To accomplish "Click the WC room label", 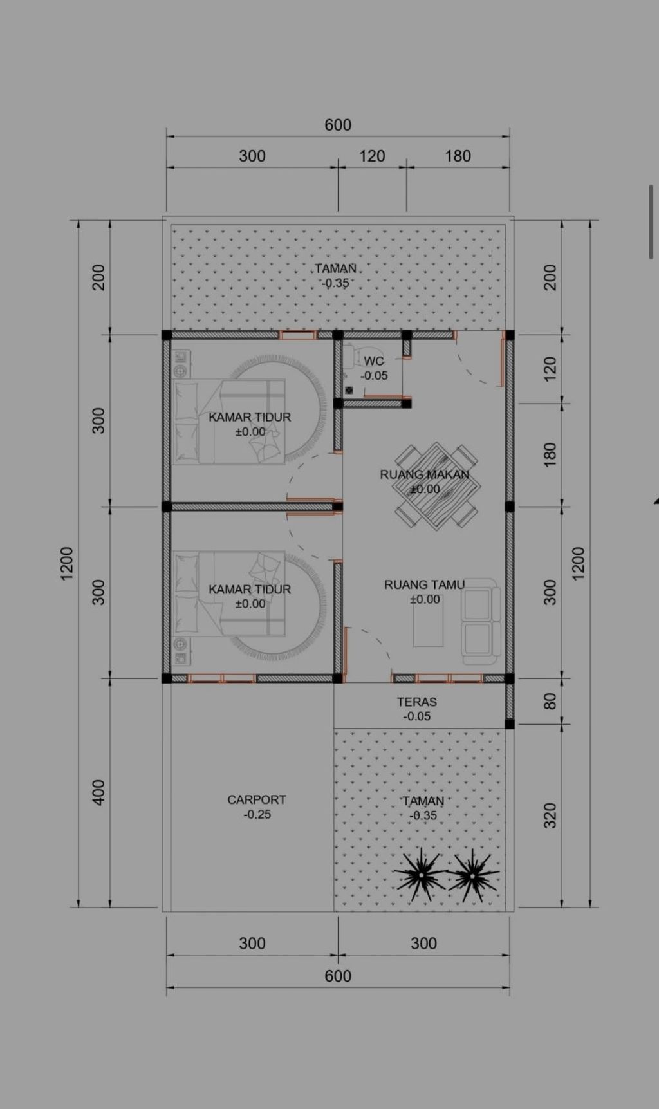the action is pyautogui.click(x=374, y=361).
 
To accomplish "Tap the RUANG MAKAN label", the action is pyautogui.click(x=425, y=474).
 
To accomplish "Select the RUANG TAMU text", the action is pyautogui.click(x=425, y=584).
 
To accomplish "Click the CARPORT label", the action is pyautogui.click(x=257, y=799).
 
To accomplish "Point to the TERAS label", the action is pyautogui.click(x=417, y=702).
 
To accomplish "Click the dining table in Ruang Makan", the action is pyautogui.click(x=436, y=487).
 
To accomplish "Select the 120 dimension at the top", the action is pyautogui.click(x=372, y=156).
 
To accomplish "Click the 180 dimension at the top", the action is pyautogui.click(x=458, y=156).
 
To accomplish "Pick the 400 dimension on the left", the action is pyautogui.click(x=98, y=792).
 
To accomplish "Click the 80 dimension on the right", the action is pyautogui.click(x=550, y=701).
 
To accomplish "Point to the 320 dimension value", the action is pyautogui.click(x=550, y=815).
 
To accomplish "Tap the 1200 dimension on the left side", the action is pyautogui.click(x=66, y=563).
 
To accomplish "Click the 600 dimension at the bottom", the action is pyautogui.click(x=338, y=976).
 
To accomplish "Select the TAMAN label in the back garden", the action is pyautogui.click(x=335, y=268).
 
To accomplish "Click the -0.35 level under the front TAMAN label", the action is pyautogui.click(x=423, y=815).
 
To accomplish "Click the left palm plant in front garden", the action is pyautogui.click(x=420, y=875).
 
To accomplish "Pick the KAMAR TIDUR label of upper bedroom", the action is pyautogui.click(x=250, y=417).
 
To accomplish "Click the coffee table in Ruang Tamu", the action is pyautogui.click(x=428, y=622).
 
